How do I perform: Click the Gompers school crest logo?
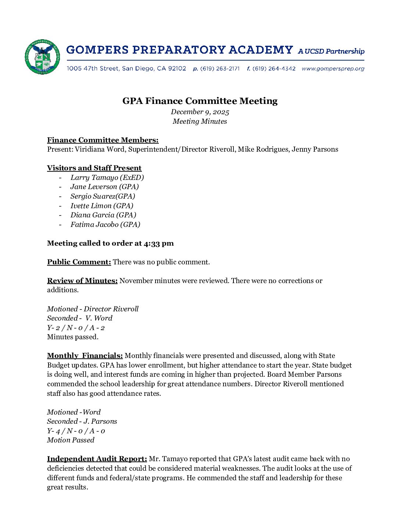[42, 57]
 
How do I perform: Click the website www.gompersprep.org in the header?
[333, 69]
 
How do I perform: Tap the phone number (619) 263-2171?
[220, 69]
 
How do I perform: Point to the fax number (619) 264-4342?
[274, 69]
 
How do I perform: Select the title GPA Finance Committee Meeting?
[200, 101]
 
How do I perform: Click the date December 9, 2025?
[200, 112]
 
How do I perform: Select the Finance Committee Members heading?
[103, 140]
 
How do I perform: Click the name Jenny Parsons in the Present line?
[315, 149]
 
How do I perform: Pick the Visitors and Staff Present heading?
[94, 168]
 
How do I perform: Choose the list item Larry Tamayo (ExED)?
[107, 178]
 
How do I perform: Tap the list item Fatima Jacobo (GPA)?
[105, 225]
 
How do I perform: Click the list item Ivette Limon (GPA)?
[102, 206]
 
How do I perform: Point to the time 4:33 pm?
[159, 243]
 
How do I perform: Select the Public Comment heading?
[79, 262]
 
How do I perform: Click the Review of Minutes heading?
[82, 281]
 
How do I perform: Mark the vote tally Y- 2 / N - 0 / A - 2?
[76, 328]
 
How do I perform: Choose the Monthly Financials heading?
[85, 356]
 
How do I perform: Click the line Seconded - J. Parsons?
[82, 422]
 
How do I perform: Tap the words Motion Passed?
[71, 440]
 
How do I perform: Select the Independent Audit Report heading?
[97, 459]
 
